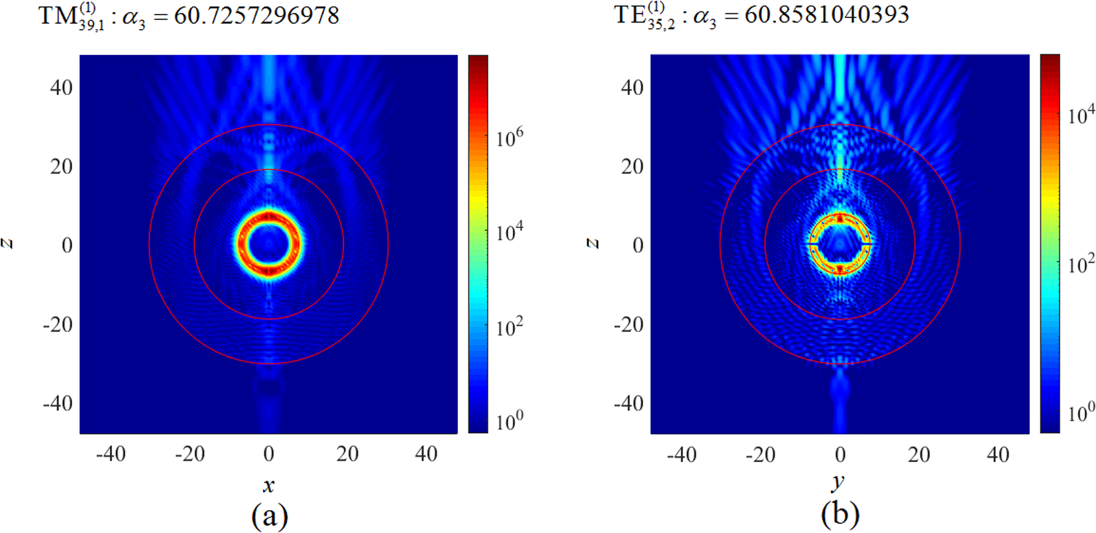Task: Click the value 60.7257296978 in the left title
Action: [256, 15]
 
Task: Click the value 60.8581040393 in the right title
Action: [826, 14]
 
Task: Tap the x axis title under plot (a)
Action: [268, 485]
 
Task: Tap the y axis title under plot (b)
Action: [840, 483]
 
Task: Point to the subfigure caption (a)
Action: [269, 515]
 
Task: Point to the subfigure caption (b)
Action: [840, 514]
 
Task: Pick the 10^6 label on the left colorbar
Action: [509, 139]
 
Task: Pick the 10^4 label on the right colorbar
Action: [1081, 114]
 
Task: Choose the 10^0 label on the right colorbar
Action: [1081, 412]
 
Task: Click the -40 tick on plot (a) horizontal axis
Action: [111, 454]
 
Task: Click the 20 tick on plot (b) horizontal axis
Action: [918, 455]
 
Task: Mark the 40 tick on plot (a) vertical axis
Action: [61, 87]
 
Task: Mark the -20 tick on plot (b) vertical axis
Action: [628, 324]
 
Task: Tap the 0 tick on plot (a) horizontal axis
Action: [268, 454]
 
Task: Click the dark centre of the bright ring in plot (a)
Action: [268, 244]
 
